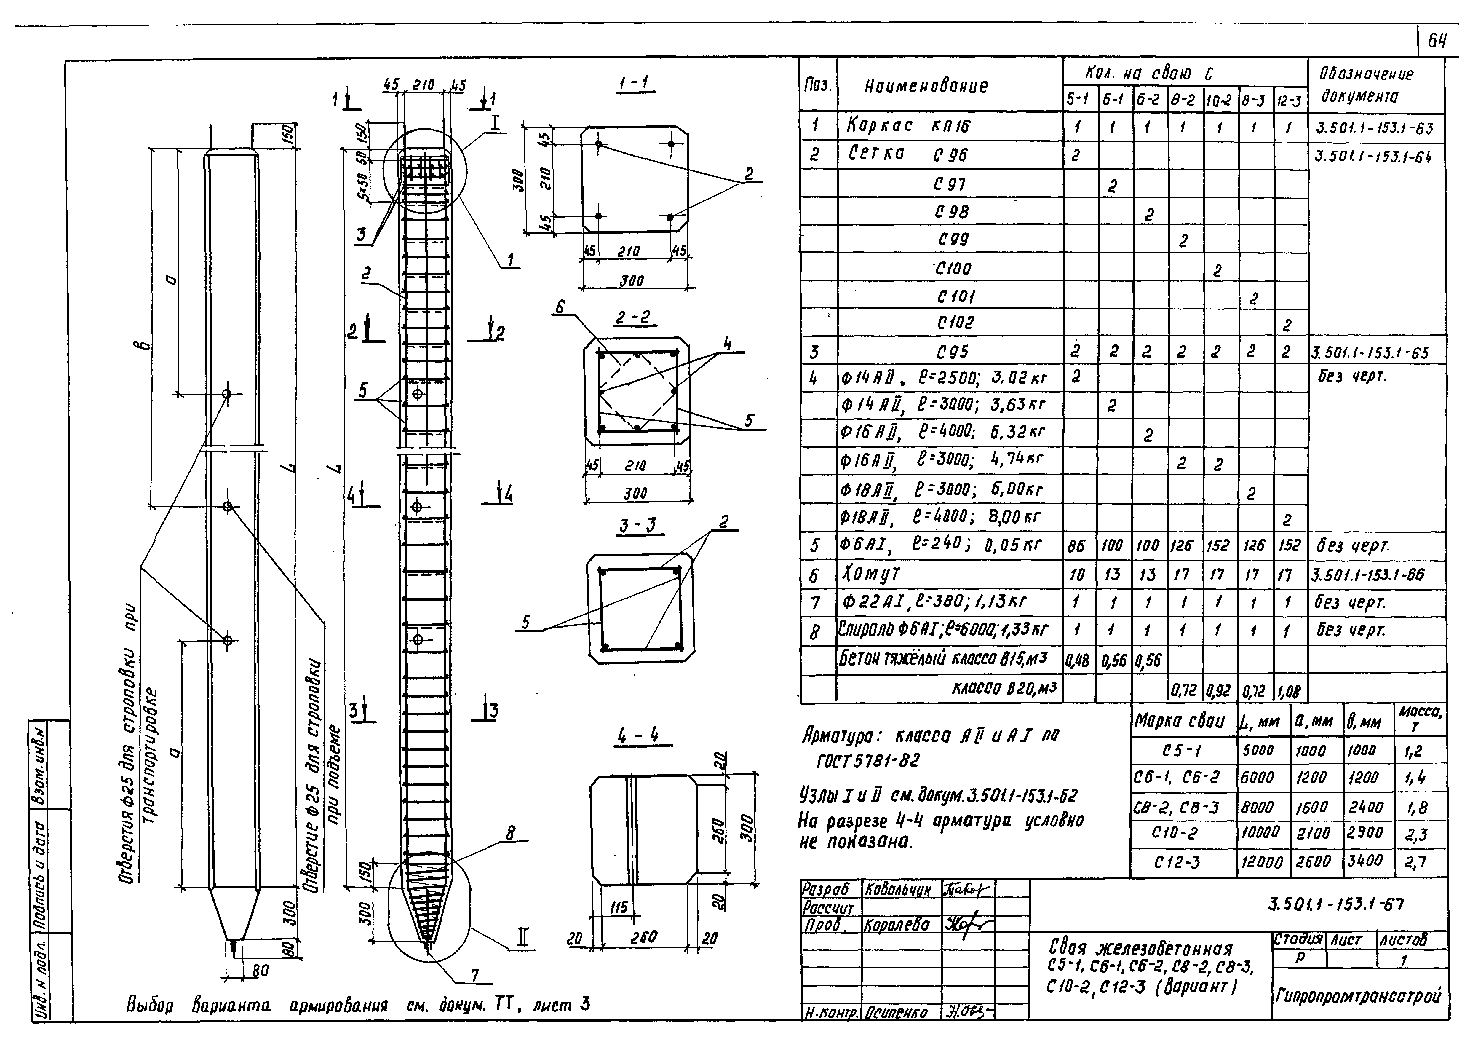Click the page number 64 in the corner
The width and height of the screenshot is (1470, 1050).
tap(1437, 42)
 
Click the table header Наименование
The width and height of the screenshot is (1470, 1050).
tap(926, 86)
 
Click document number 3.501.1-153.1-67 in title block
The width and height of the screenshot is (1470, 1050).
tap(1335, 904)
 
